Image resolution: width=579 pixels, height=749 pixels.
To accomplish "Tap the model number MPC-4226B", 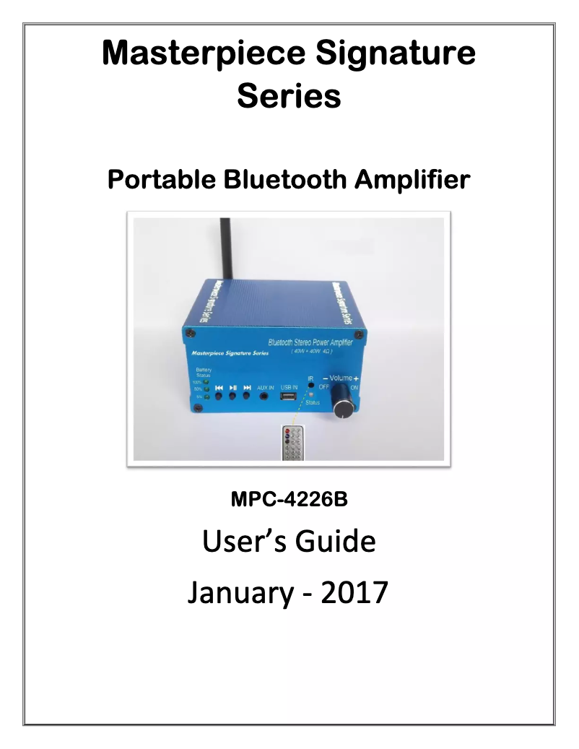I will pyautogui.click(x=289, y=499).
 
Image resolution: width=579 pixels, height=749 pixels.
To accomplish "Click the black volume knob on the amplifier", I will pyautogui.click(x=343, y=409).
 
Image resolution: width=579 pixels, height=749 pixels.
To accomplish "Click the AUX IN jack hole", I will pyautogui.click(x=265, y=396).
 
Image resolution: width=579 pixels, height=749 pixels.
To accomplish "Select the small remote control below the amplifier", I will pyautogui.click(x=293, y=442).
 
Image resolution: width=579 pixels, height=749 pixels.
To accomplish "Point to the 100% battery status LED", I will pyautogui.click(x=206, y=382).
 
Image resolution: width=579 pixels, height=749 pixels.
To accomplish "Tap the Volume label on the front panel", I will pyautogui.click(x=341, y=378).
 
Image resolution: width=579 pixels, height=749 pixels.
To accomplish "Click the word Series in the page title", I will pyautogui.click(x=289, y=96).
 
